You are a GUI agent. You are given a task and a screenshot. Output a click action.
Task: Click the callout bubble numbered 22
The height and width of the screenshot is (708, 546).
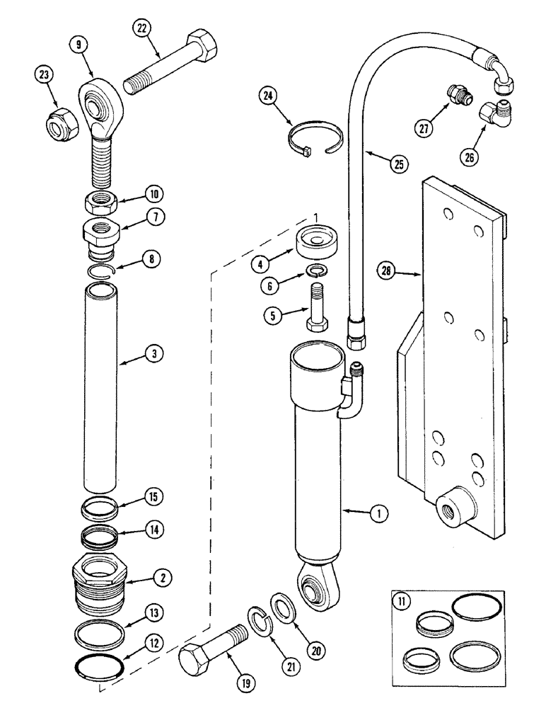142,28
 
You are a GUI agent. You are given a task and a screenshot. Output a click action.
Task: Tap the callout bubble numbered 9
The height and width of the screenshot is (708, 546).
78,44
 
